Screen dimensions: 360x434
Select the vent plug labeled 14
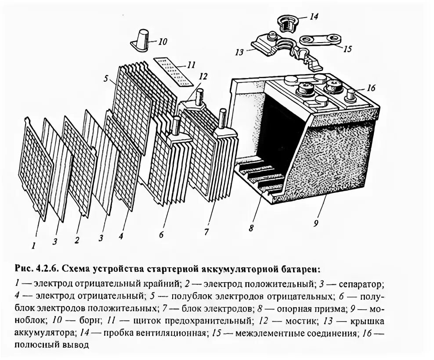(287, 22)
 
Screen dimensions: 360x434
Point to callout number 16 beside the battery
(370, 87)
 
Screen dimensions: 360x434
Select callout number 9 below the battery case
(316, 223)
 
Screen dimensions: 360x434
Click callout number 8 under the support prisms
(251, 228)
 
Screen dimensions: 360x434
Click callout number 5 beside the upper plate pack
(106, 79)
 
